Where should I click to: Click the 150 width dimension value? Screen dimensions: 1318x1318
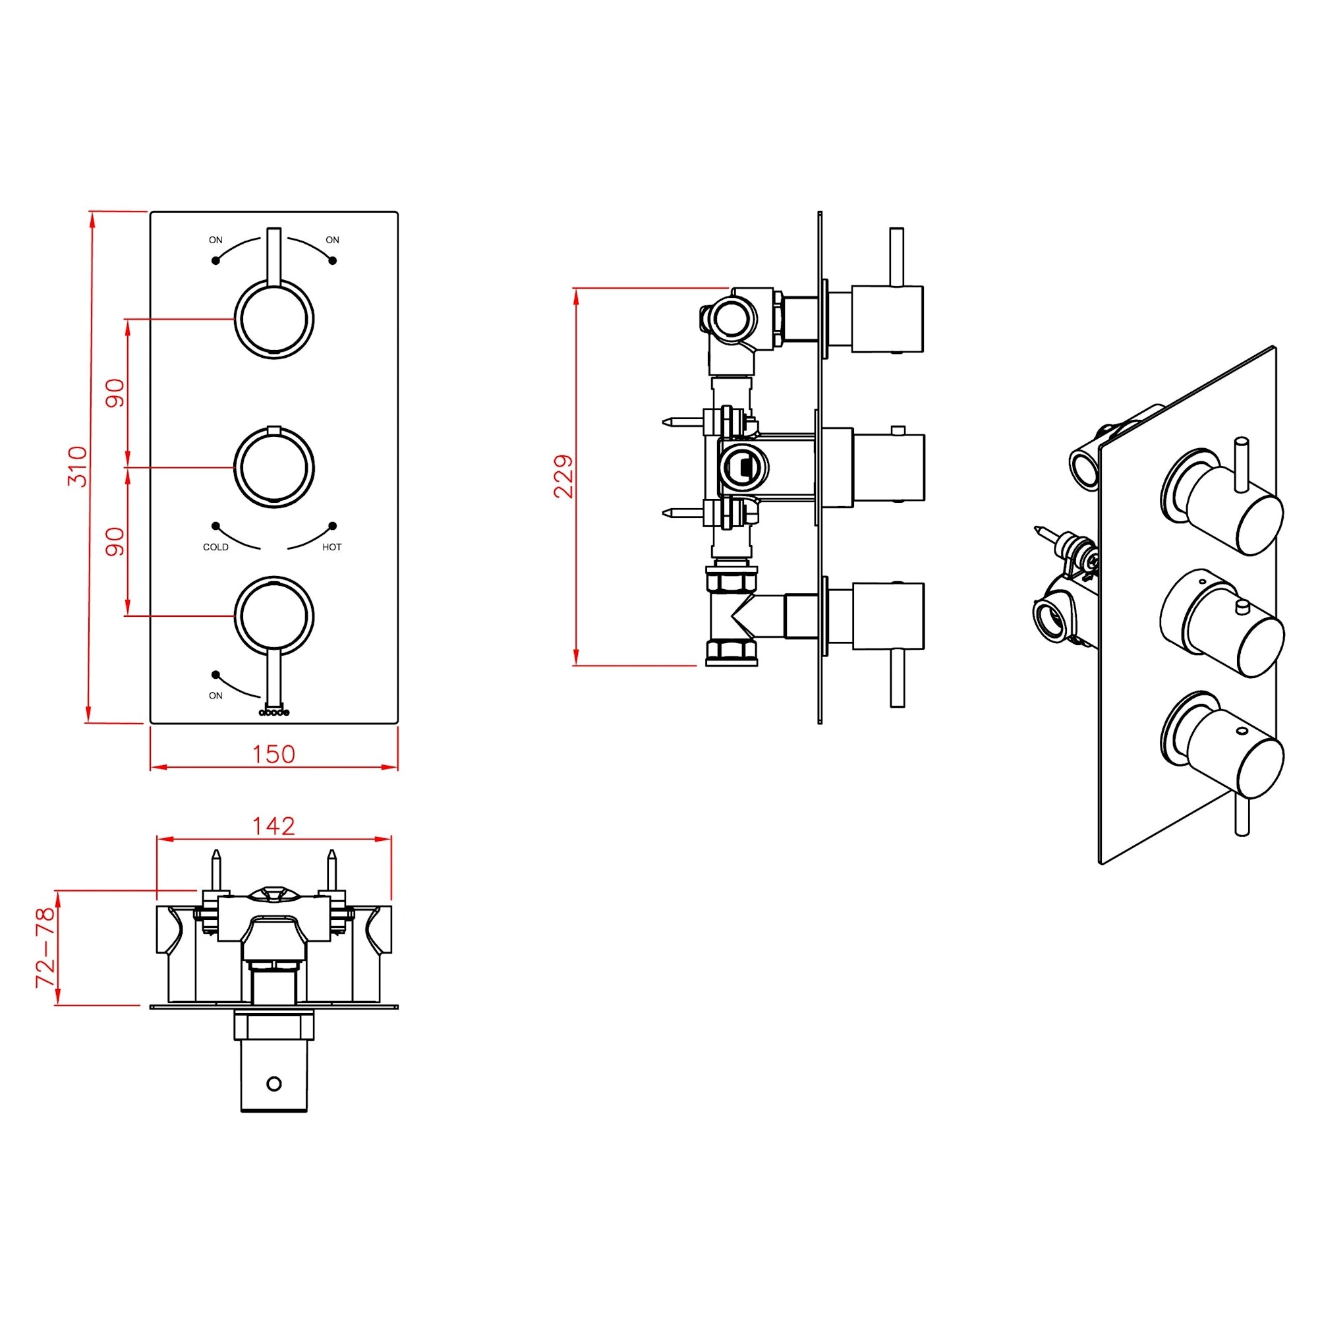pyautogui.click(x=273, y=754)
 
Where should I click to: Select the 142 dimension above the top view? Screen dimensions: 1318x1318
pyautogui.click(x=273, y=826)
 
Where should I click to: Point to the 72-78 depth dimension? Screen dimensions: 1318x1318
pyautogui.click(x=45, y=948)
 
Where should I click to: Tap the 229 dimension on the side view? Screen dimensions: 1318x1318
pyautogui.click(x=564, y=476)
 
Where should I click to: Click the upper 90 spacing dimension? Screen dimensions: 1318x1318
pyautogui.click(x=115, y=393)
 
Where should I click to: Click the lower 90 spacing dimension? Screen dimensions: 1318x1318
pyautogui.click(x=115, y=542)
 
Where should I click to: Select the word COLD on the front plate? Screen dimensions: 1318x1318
pyautogui.click(x=215, y=547)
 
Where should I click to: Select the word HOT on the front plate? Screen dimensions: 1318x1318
pyautogui.click(x=331, y=547)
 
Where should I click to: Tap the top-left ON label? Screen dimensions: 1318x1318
pyautogui.click(x=215, y=240)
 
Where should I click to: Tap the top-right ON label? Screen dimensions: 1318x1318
pyautogui.click(x=332, y=240)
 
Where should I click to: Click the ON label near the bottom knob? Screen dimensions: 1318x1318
pyautogui.click(x=215, y=696)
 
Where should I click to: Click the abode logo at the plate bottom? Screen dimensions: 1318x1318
pyautogui.click(x=273, y=712)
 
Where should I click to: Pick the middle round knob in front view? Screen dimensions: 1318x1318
pyautogui.click(x=273, y=467)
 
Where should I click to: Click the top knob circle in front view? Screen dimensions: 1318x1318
pyautogui.click(x=273, y=319)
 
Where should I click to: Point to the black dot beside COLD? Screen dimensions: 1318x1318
pyautogui.click(x=215, y=526)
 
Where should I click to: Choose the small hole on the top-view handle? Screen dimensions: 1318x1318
pyautogui.click(x=274, y=1083)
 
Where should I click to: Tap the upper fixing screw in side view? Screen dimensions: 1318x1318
pyautogui.click(x=682, y=423)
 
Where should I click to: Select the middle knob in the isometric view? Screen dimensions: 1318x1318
pyautogui.click(x=1221, y=624)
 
